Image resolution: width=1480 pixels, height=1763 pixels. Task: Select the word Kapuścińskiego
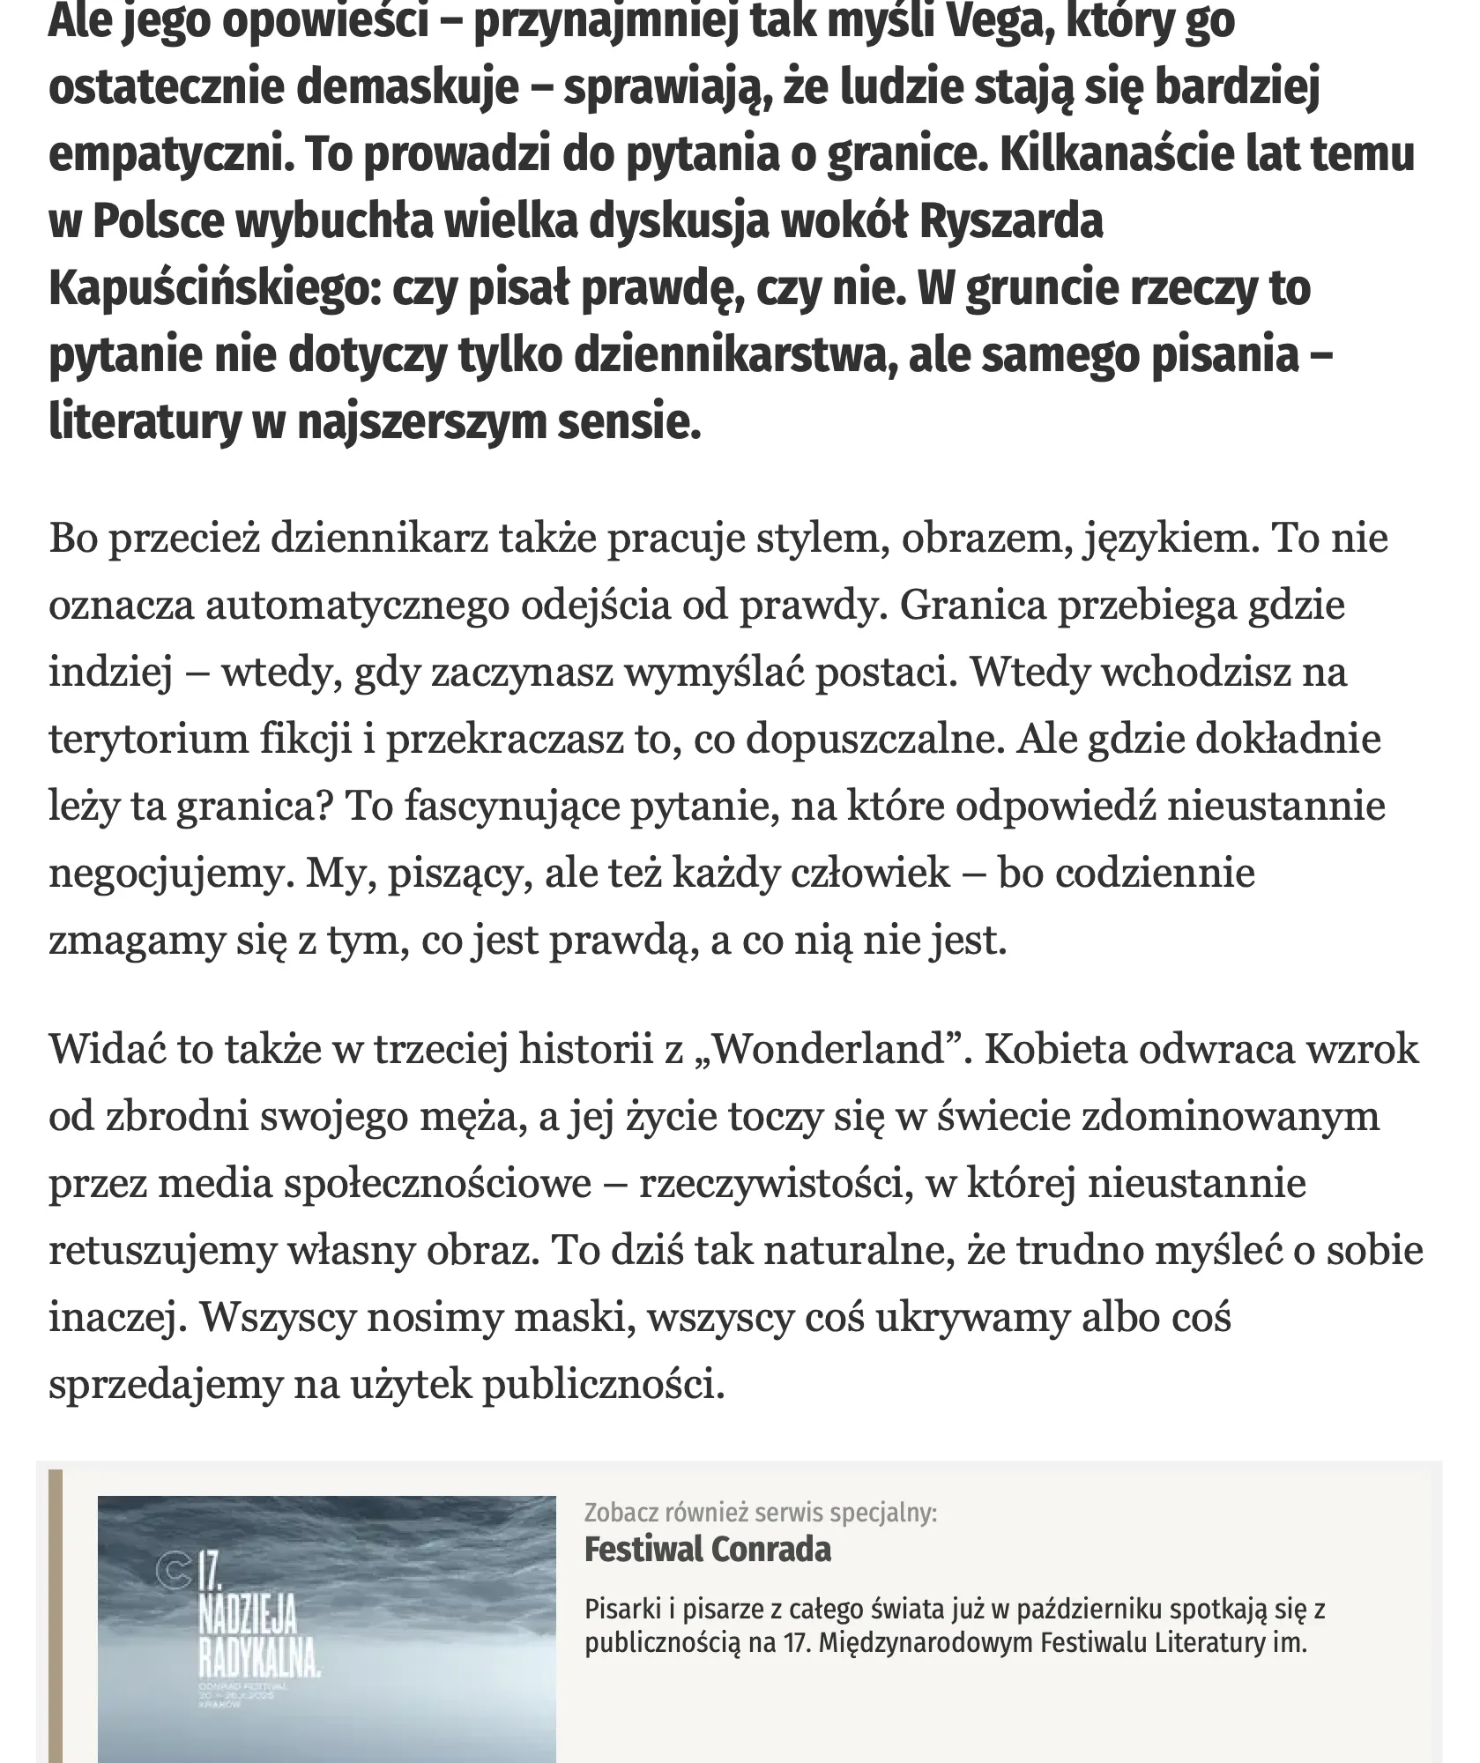pos(210,289)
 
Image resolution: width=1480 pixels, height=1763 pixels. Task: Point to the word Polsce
pos(158,222)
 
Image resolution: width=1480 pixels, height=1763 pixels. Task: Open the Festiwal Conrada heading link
pos(707,1549)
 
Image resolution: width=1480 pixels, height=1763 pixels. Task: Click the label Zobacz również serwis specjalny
pos(760,1513)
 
